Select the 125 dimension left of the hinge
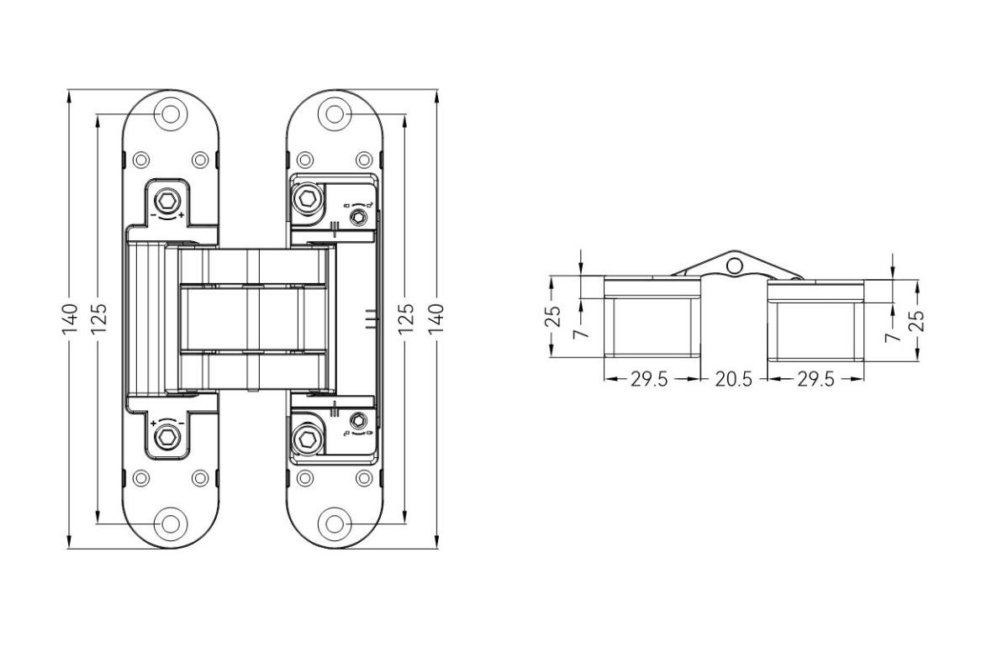coord(99,319)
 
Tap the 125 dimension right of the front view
coord(405,319)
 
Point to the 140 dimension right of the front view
coord(436,319)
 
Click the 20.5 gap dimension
coord(733,379)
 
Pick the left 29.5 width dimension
coord(649,379)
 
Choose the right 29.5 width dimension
coord(816,379)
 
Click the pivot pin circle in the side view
coord(735,266)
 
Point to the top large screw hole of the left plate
coord(171,113)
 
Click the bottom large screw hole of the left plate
coord(171,524)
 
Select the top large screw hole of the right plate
coord(335,113)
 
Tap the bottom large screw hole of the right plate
coord(335,524)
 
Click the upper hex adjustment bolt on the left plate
coord(169,201)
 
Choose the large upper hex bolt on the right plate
coord(307,200)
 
